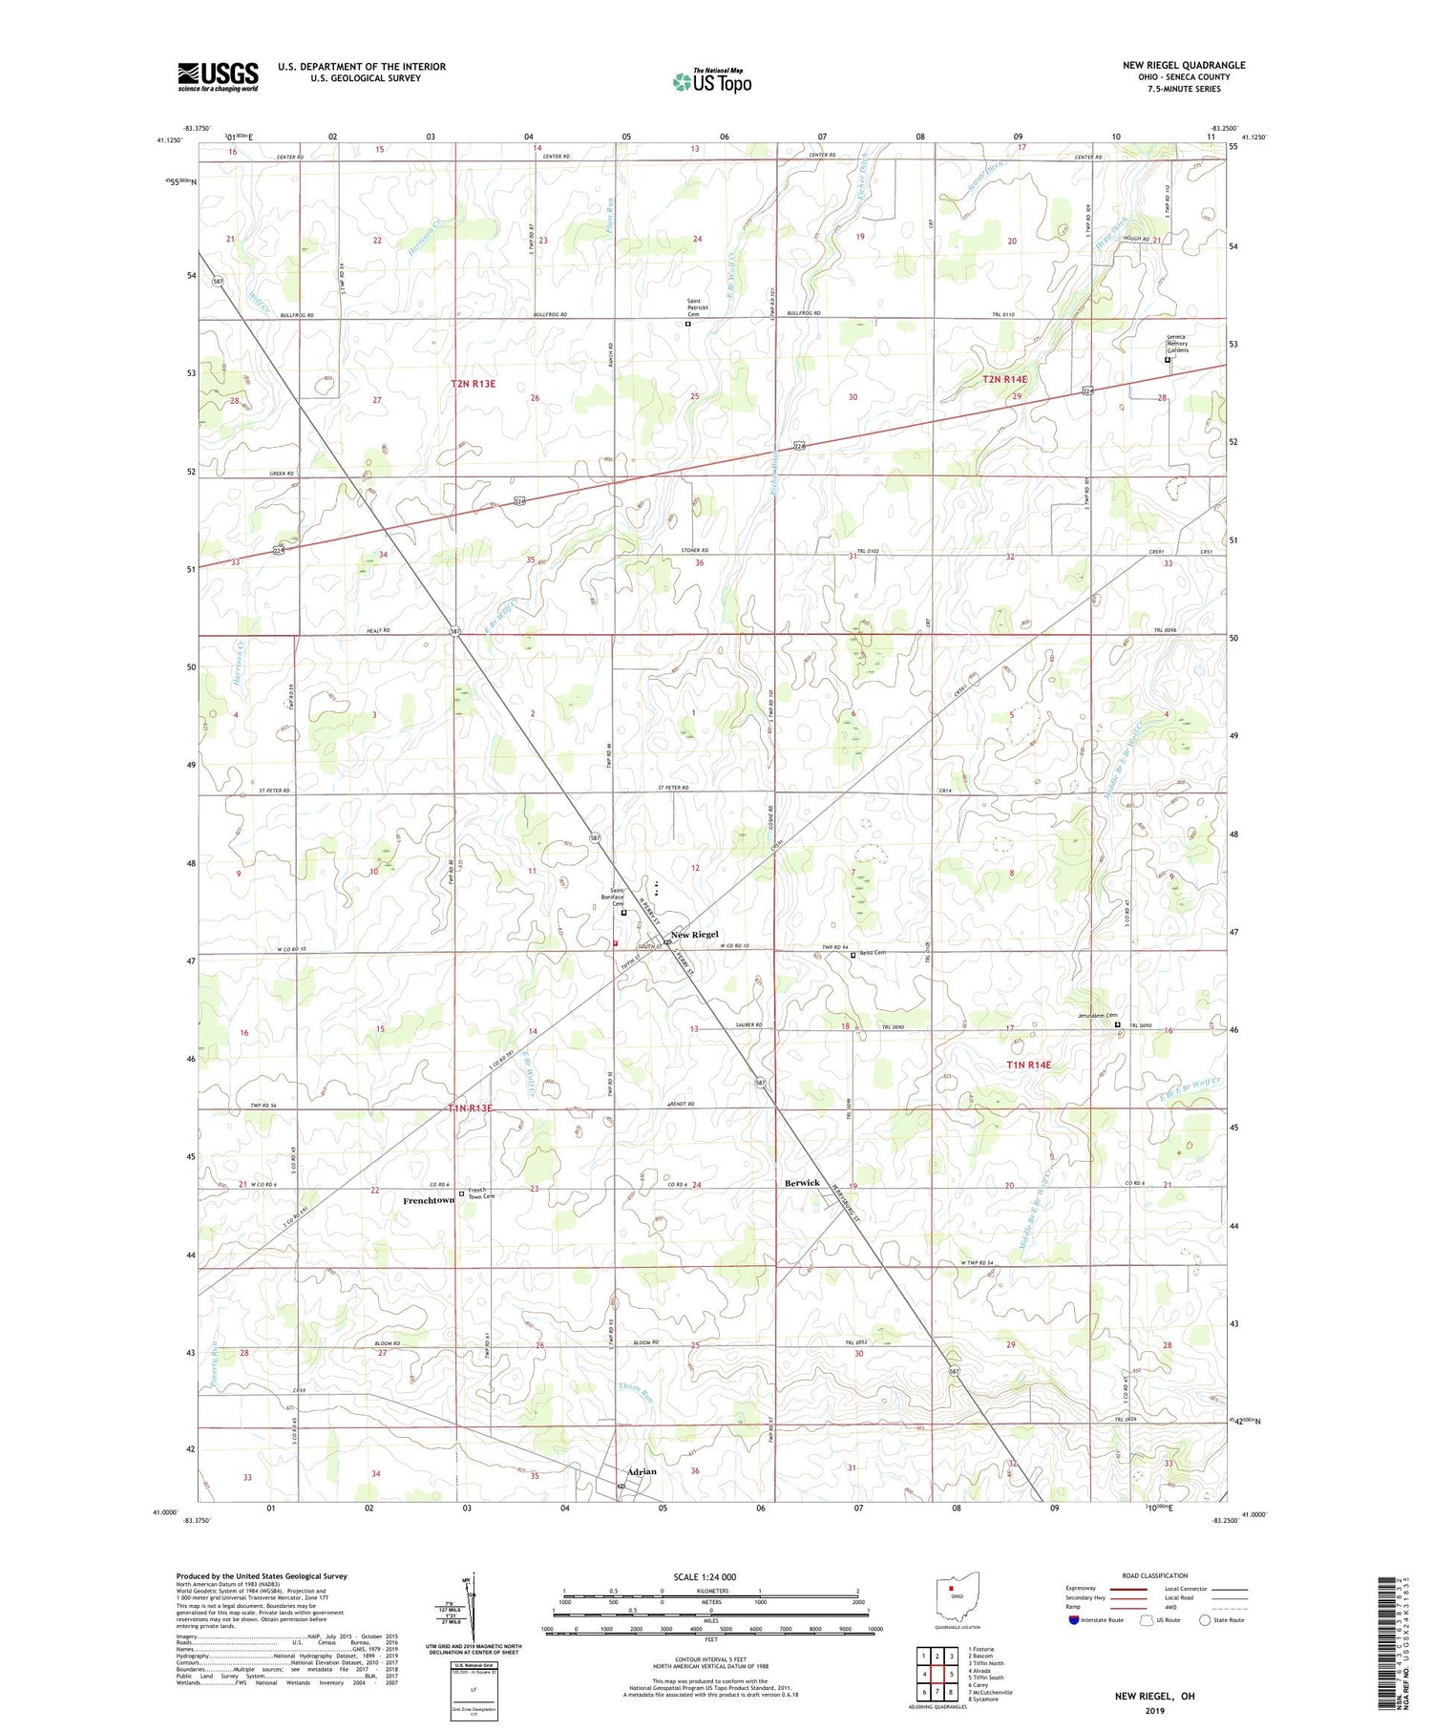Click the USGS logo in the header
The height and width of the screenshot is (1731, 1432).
pyautogui.click(x=218, y=76)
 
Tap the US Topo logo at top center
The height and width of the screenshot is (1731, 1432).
pyautogui.click(x=711, y=81)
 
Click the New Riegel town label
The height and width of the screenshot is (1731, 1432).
pyautogui.click(x=694, y=934)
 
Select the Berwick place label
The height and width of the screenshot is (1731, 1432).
pyautogui.click(x=802, y=1182)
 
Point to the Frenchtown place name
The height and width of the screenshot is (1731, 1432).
pyautogui.click(x=428, y=1200)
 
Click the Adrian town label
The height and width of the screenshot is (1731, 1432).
pyautogui.click(x=642, y=1471)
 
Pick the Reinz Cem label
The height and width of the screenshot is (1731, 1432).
pyautogui.click(x=873, y=952)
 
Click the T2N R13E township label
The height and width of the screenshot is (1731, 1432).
pyautogui.click(x=474, y=384)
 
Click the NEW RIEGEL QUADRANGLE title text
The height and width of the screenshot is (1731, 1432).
pyautogui.click(x=1184, y=65)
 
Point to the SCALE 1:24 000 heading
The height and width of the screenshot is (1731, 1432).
pyautogui.click(x=705, y=1577)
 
